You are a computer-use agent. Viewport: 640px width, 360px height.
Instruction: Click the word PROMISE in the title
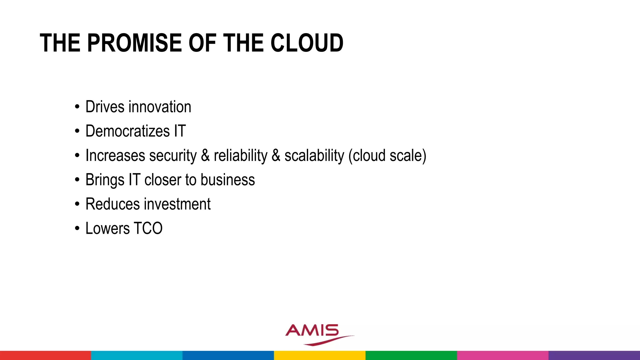[x=135, y=43]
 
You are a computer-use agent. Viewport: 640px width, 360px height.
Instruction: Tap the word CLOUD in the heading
[x=307, y=43]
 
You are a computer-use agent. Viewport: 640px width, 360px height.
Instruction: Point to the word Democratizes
[x=127, y=131]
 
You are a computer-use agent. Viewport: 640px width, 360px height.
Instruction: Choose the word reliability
[x=241, y=156]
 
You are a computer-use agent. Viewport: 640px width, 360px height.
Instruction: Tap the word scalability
[x=314, y=156]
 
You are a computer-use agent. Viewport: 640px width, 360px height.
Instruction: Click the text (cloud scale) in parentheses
[x=387, y=156]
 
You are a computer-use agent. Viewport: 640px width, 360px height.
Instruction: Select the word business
[x=227, y=180]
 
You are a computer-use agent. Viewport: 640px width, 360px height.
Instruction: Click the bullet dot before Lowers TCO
[x=77, y=228]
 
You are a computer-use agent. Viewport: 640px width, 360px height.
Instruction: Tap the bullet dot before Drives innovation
[x=77, y=107]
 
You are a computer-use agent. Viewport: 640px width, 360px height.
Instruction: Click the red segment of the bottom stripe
[x=45, y=355]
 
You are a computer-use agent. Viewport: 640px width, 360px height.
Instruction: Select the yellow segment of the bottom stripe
[x=320, y=355]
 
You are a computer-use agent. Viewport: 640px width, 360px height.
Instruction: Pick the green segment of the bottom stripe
[x=411, y=355]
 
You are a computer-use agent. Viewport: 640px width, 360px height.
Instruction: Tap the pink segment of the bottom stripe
[x=502, y=355]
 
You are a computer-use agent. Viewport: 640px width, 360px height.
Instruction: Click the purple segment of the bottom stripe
[x=594, y=355]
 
